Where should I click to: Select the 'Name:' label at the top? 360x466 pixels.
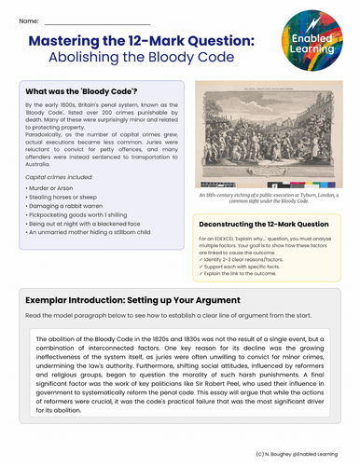pos(28,20)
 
